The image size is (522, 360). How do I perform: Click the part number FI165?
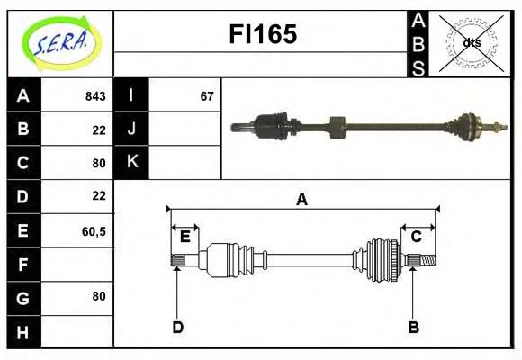coord(262,36)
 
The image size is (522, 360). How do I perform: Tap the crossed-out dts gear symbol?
coord(472,41)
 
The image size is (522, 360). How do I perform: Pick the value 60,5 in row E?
coord(94,231)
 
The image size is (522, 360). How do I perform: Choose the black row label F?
coord(22,265)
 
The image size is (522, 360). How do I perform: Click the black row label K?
coord(131,162)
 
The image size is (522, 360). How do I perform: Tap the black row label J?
coord(131,129)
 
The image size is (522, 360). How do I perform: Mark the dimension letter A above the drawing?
coord(302,200)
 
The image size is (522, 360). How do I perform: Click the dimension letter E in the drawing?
coord(185,238)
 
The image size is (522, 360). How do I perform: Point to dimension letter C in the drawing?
coord(417,238)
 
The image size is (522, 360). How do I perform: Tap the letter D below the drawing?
coord(177,327)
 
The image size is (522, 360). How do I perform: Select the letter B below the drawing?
coord(414,327)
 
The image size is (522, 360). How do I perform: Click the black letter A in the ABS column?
coord(418,22)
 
